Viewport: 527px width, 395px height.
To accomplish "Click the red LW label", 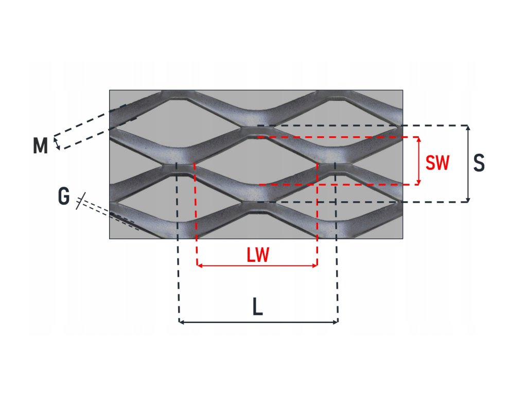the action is click(258, 255).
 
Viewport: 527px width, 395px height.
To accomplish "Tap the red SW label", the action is click(437, 163).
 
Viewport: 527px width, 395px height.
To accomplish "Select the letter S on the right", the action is click(479, 163).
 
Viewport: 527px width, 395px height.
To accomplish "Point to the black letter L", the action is click(258, 308).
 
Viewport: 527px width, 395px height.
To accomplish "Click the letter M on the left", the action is click(40, 146).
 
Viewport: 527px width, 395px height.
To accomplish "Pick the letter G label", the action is click(64, 196).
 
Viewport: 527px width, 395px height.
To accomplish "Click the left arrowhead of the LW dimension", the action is click(199, 265).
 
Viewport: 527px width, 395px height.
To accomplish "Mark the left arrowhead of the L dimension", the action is click(181, 322).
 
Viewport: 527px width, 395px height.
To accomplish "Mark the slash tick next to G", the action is click(79, 201).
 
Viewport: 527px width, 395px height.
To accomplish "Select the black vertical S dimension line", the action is click(468, 164).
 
